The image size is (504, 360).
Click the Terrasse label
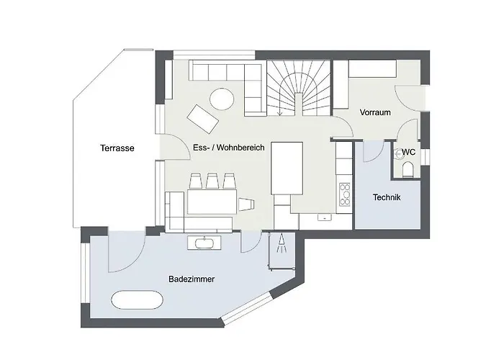click(x=117, y=148)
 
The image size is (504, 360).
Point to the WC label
click(x=408, y=152)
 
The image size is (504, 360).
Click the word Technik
click(x=387, y=197)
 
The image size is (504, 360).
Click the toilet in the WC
click(x=408, y=169)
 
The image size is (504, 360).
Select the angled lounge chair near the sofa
click(x=202, y=117)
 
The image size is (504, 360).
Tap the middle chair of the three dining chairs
click(x=213, y=181)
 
